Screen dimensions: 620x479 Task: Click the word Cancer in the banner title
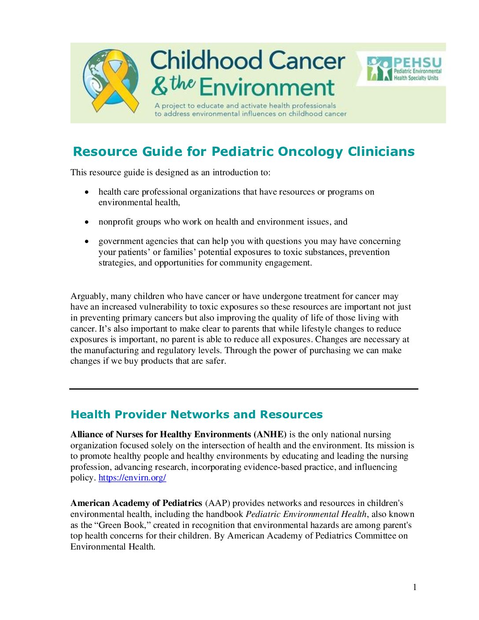coord(306,60)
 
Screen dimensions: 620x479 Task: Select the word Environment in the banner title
coord(267,87)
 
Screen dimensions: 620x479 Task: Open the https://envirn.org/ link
coord(132,478)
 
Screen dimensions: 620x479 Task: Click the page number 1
coord(414,587)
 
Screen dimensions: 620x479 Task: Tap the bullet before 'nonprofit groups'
coord(87,222)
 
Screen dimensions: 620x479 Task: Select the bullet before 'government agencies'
coord(87,241)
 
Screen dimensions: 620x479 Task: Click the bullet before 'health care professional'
coord(87,192)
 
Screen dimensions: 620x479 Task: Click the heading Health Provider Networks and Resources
coord(196,414)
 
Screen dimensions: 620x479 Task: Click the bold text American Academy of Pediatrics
coord(136,503)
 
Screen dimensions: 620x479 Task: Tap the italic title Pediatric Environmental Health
coord(306,514)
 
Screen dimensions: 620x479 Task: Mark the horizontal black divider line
coord(243,389)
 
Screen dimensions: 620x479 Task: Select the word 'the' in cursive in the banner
coord(183,83)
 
